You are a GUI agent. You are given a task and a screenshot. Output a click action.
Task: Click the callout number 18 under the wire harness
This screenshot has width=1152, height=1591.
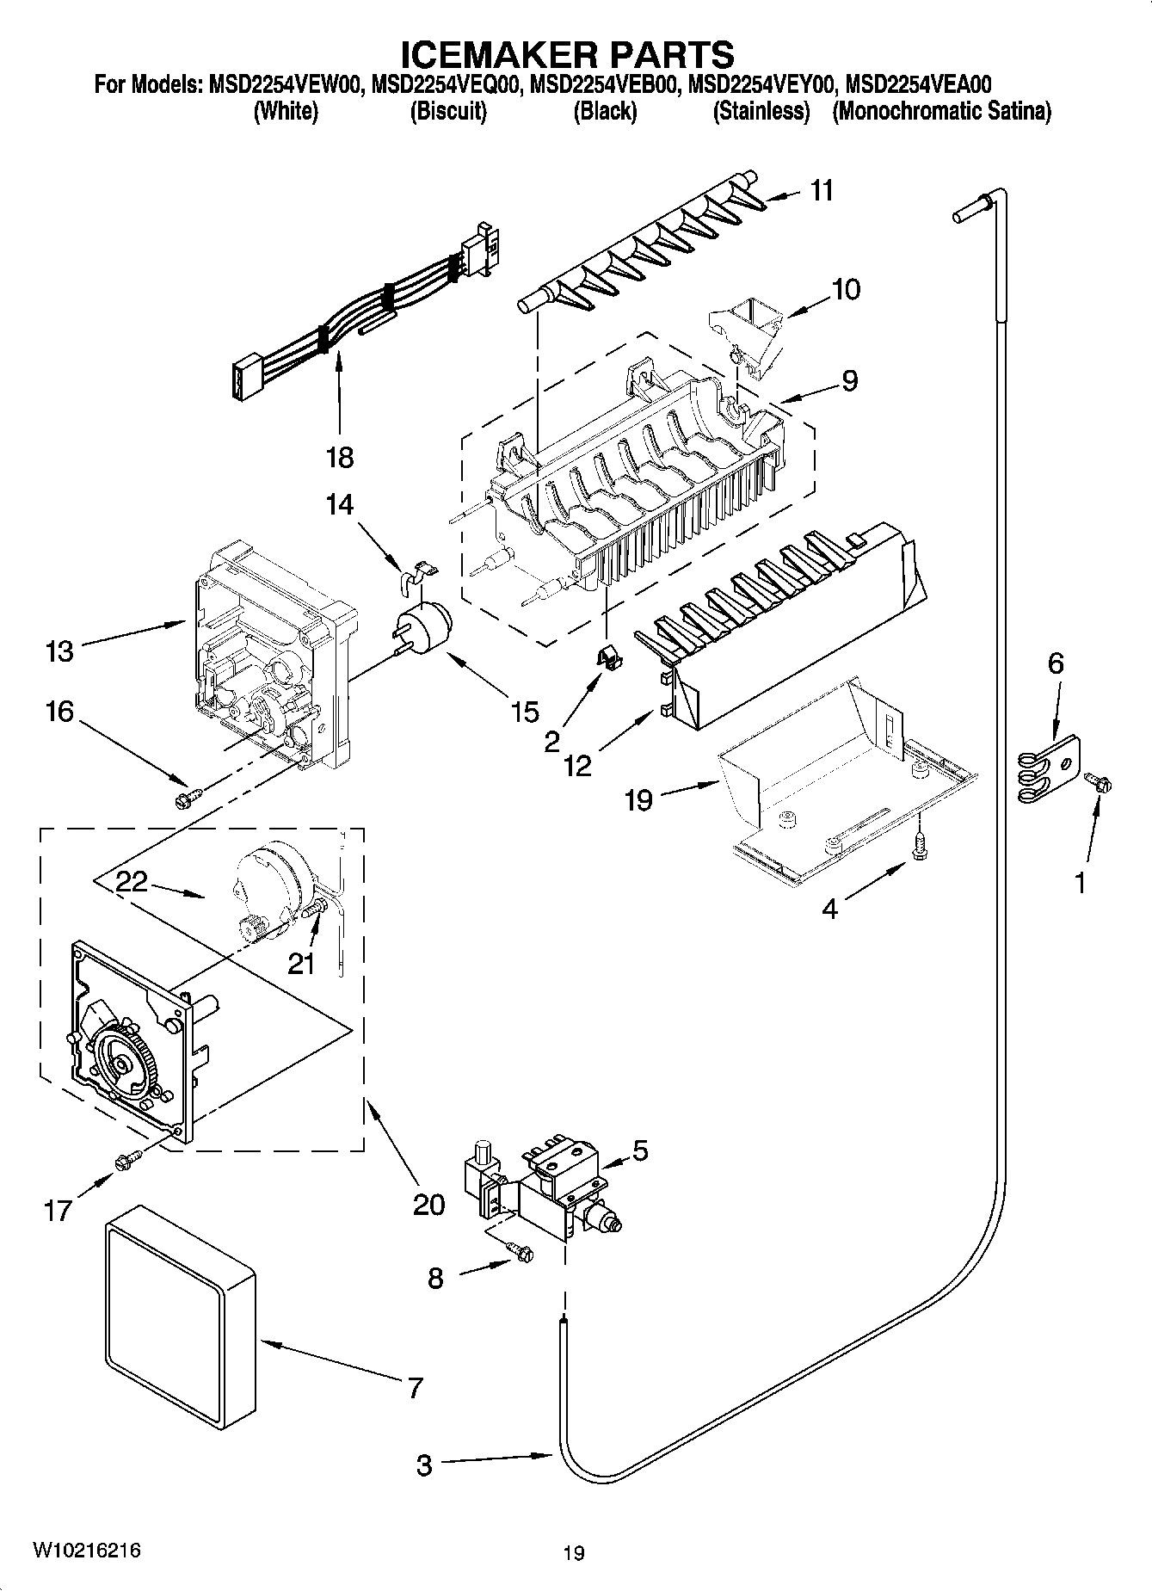coord(340,457)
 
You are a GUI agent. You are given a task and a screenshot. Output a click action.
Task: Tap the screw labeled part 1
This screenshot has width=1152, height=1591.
coord(1099,781)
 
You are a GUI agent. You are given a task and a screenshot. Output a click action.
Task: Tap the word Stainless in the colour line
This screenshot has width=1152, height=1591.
coord(761,112)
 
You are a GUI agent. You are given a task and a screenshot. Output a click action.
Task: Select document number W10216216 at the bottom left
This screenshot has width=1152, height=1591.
coord(86,1550)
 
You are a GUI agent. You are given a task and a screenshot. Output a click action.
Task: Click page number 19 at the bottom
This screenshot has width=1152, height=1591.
coord(574,1553)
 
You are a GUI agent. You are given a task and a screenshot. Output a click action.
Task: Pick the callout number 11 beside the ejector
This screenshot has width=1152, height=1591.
coord(822,190)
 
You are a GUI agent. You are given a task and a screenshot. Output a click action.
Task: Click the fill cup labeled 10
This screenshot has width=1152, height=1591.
coord(747,331)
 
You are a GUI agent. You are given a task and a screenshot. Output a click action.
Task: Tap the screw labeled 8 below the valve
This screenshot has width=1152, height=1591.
coord(520,1254)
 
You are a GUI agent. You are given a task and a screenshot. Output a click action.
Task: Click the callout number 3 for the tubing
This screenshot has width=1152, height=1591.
coord(424,1465)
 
